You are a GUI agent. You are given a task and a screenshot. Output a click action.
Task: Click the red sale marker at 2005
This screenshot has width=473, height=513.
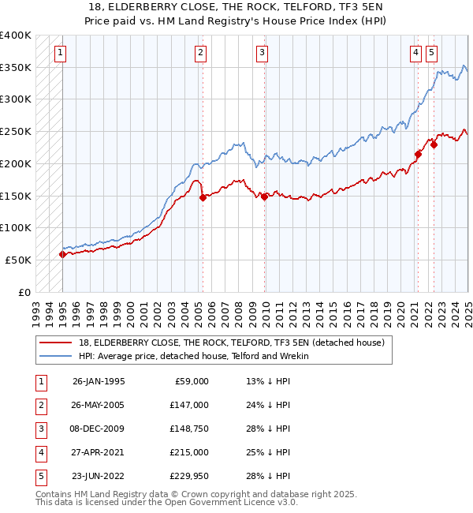tap(203, 197)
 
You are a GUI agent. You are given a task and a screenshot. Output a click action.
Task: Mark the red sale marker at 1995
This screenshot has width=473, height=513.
tap(62, 254)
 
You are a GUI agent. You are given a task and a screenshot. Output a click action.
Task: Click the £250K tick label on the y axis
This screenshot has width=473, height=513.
tap(16, 131)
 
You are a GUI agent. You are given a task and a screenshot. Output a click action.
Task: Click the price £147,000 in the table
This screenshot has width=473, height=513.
tap(190, 405)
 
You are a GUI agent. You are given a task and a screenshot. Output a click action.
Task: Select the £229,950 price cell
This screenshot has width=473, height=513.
tap(190, 476)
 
